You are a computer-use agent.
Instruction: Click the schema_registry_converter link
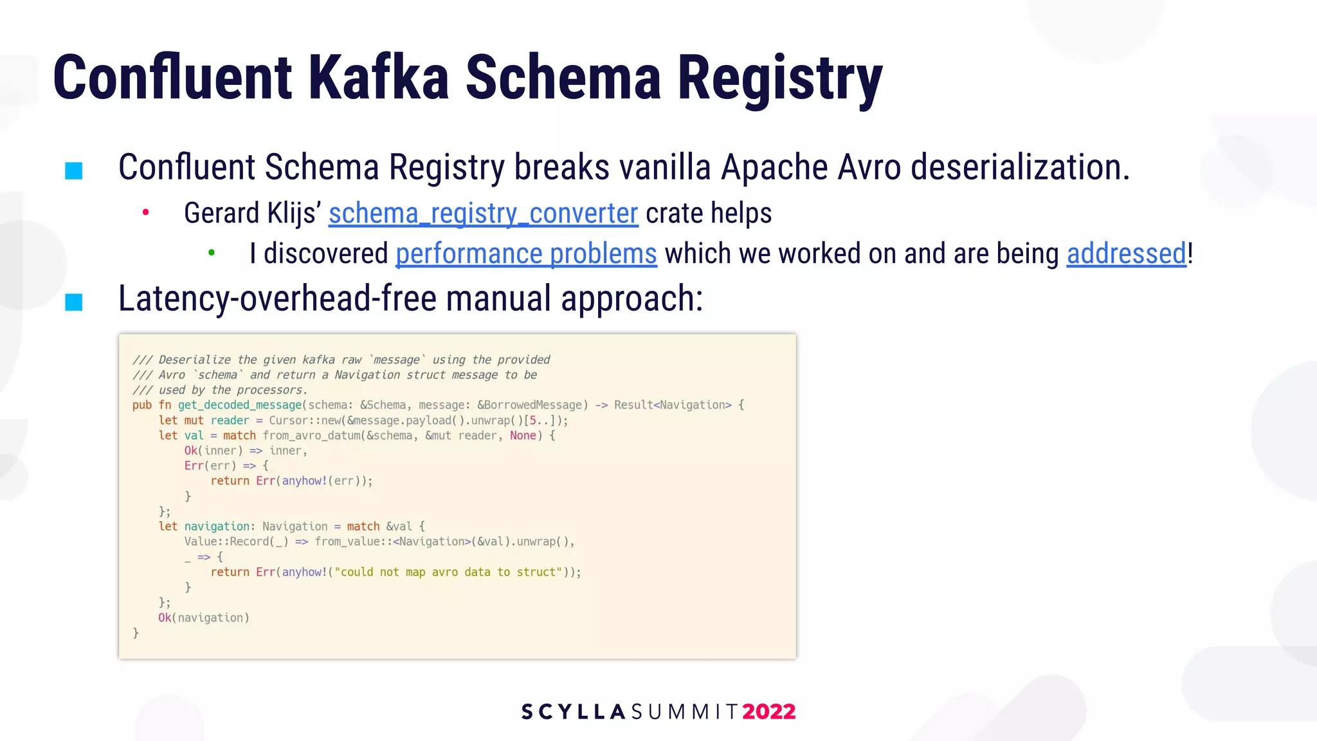pos(483,214)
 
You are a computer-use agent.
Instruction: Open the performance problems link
pos(526,254)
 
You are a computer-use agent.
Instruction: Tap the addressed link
pos(1126,254)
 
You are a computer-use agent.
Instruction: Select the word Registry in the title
pos(779,78)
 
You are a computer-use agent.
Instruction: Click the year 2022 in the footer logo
pos(769,711)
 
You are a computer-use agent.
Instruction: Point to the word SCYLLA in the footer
pos(574,711)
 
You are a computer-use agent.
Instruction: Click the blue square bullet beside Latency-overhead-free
pos(74,302)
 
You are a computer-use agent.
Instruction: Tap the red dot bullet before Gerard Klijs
pos(146,212)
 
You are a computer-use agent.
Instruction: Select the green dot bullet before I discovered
pos(212,253)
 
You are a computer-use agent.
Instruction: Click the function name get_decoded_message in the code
pos(240,405)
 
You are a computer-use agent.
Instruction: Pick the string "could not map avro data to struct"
pos(448,572)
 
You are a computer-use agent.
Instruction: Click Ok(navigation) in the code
pos(203,618)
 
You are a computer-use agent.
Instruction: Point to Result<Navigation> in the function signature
pos(673,405)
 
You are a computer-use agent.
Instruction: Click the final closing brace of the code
pos(136,634)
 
